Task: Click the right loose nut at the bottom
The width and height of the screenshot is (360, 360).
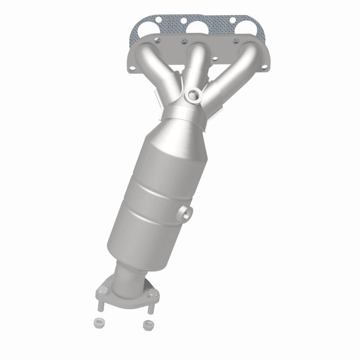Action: tap(147, 324)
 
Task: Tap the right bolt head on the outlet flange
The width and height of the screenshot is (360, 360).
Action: tap(156, 296)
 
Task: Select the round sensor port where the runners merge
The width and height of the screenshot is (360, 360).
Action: tap(194, 94)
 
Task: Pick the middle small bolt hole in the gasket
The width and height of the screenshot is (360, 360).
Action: tap(184, 21)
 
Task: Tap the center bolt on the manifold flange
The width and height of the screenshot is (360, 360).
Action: tap(183, 43)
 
